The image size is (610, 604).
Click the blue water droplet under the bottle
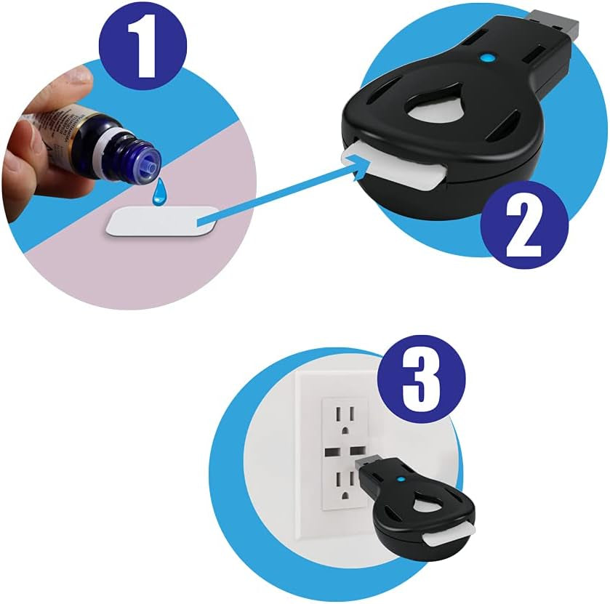158,195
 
